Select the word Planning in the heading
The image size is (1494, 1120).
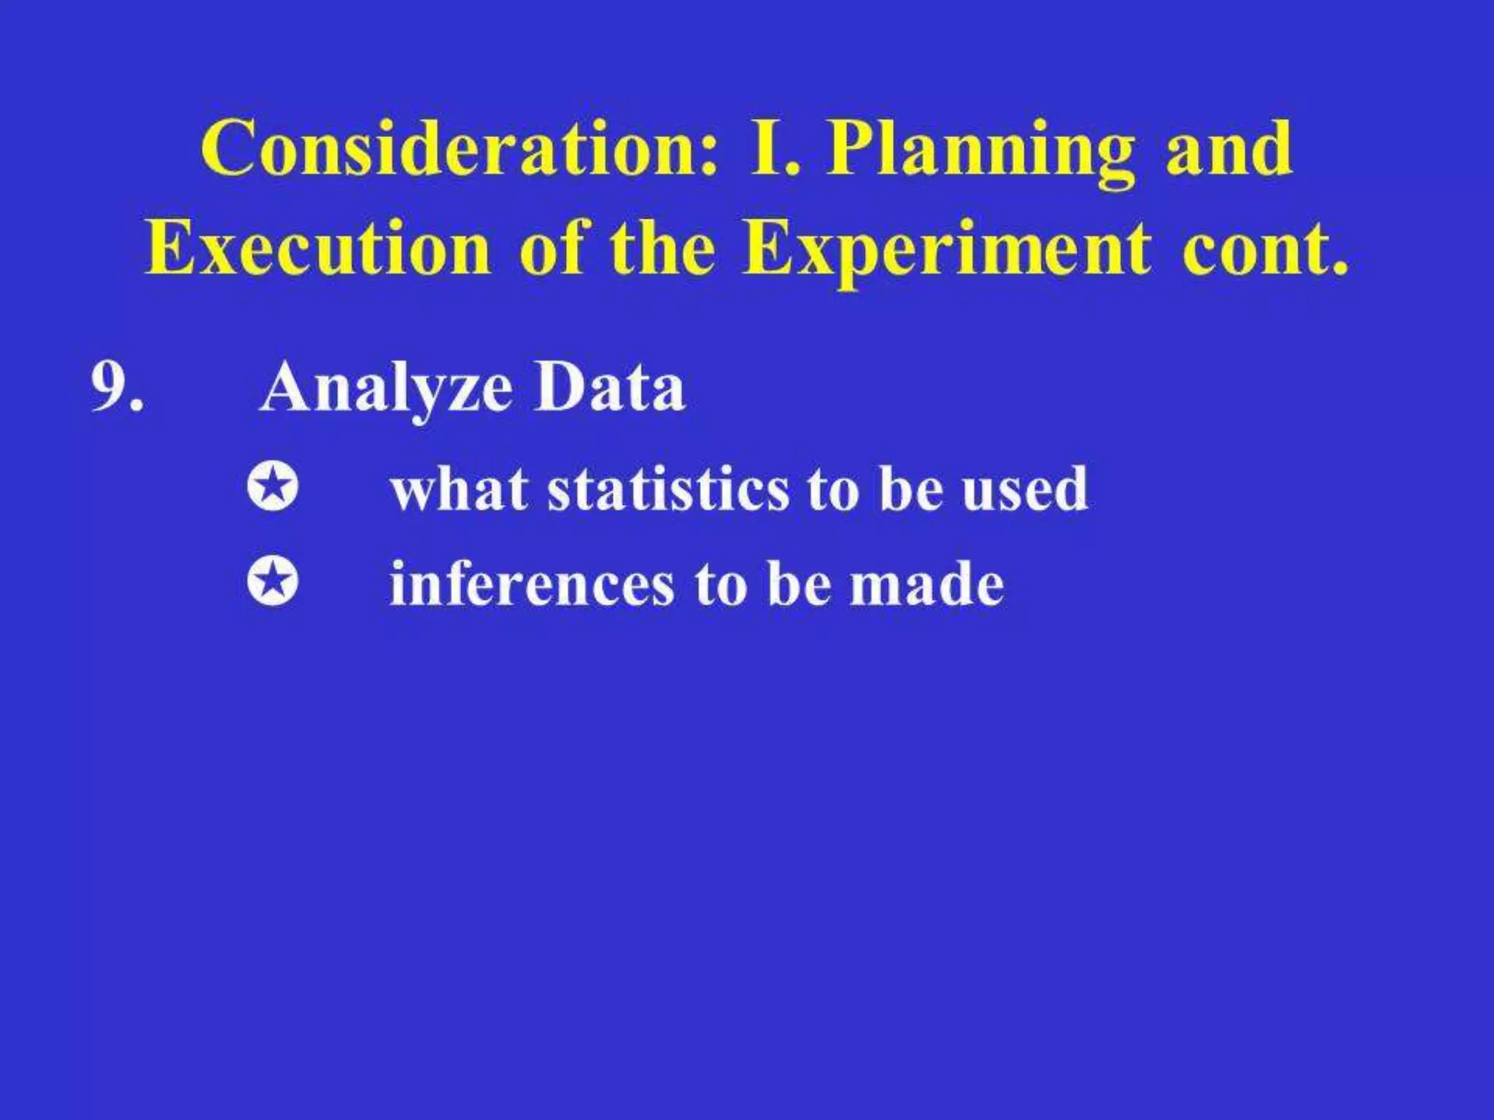click(980, 153)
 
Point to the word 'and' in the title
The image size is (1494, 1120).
click(1228, 149)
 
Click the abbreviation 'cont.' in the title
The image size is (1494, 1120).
click(1265, 250)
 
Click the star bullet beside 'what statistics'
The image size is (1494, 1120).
click(273, 487)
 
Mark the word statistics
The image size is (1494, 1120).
click(667, 489)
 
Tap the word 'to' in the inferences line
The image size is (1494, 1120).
click(721, 585)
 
